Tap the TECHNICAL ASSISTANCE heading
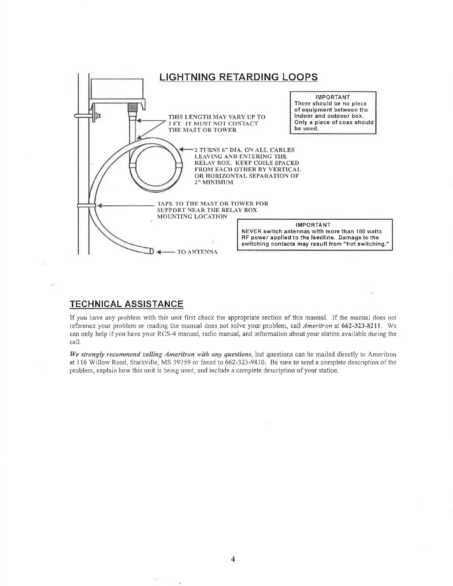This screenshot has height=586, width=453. point(127,304)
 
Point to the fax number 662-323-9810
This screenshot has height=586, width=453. point(263,363)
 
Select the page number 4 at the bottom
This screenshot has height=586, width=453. point(233,559)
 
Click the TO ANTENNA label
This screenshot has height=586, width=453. point(197,252)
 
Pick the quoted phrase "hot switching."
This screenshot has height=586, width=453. point(362,244)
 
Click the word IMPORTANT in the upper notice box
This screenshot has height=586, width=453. point(333,97)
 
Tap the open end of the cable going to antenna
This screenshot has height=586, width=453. point(151,252)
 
